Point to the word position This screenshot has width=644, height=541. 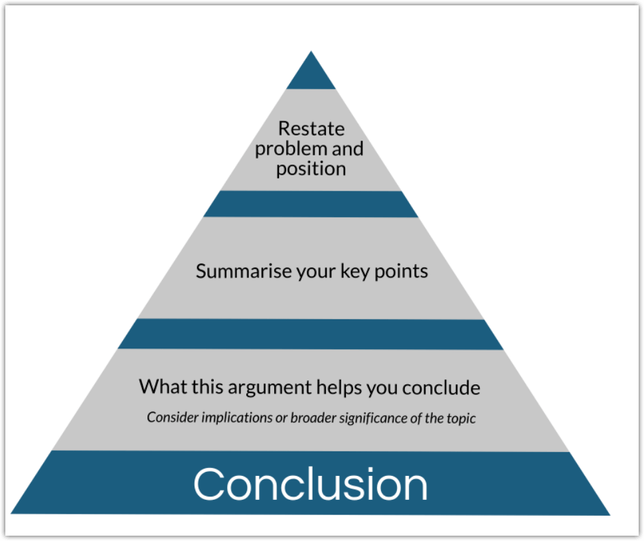311,169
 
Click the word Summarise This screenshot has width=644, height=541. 240,271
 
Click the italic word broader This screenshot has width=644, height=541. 314,418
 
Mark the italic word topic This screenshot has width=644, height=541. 461,418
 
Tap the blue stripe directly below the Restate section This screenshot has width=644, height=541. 311,204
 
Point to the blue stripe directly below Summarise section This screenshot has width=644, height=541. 311,334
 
